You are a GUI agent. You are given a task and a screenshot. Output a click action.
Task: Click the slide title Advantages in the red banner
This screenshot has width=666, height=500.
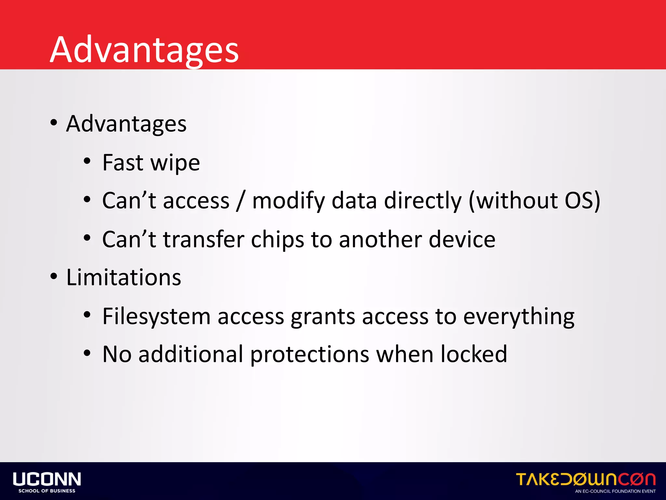144,49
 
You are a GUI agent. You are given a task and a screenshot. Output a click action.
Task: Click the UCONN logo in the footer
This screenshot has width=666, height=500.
47,479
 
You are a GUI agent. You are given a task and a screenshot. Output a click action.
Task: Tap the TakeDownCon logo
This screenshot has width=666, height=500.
585,480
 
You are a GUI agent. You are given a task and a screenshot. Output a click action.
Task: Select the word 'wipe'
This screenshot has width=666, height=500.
175,163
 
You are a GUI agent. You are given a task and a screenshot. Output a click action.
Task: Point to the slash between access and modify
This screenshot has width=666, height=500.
241,201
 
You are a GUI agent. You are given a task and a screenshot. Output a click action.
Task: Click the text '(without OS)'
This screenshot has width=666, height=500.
534,201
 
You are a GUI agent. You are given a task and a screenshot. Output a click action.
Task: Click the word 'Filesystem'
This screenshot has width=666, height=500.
156,316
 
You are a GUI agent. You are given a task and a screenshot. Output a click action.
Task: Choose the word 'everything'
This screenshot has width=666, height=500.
519,316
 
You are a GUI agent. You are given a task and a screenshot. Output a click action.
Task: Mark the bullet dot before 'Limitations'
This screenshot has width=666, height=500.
54,277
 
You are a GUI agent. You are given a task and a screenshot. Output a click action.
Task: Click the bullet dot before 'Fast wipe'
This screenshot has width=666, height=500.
87,161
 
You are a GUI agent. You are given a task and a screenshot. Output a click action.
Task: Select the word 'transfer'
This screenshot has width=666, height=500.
203,239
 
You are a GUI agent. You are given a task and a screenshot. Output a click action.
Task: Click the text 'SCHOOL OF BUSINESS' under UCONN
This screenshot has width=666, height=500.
47,491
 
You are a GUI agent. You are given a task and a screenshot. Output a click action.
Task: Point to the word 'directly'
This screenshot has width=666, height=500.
423,201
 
